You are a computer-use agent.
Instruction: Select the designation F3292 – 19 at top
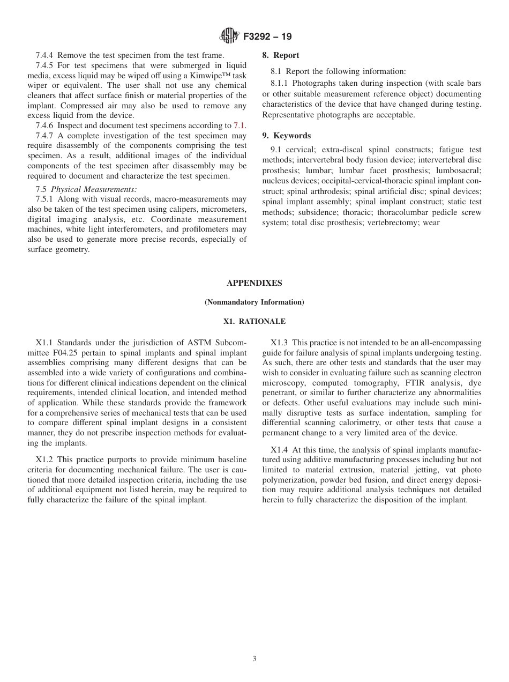[x=267, y=37]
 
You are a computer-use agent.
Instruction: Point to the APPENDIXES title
[x=254, y=283]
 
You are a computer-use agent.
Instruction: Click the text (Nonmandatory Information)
[x=254, y=302]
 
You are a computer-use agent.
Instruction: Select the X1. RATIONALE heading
[x=254, y=322]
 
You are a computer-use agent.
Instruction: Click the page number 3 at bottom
[x=254, y=659]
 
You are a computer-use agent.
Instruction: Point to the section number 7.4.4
[x=46, y=55]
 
